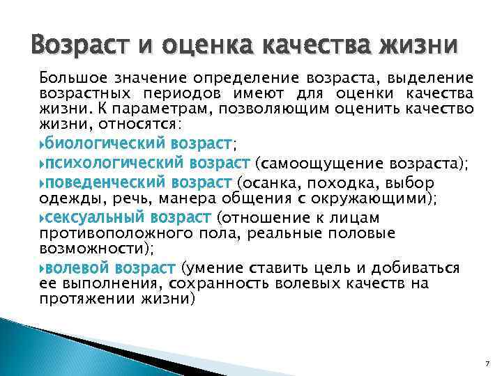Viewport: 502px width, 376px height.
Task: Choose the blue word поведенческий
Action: pyautogui.click(x=105, y=183)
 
